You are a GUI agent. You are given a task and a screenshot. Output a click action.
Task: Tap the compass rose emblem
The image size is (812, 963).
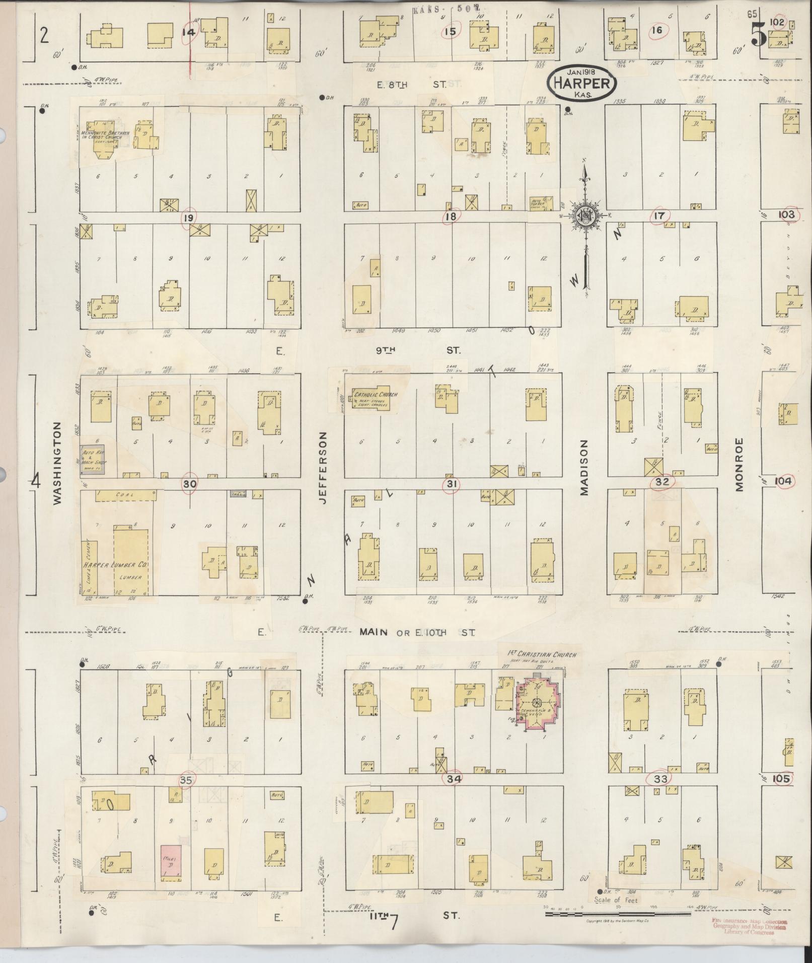click(x=585, y=216)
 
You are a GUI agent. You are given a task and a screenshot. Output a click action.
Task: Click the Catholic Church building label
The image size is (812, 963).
click(x=376, y=395)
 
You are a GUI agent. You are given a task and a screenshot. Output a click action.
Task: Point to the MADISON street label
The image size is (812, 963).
click(x=584, y=467)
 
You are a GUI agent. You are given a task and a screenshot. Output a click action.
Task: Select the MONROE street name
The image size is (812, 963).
click(x=739, y=464)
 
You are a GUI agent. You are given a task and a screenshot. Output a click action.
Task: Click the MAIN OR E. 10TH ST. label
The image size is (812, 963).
click(x=416, y=633)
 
